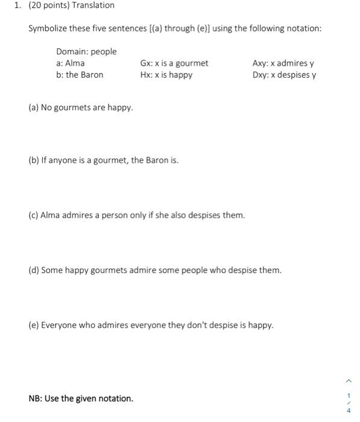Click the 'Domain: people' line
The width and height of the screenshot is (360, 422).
(x=86, y=52)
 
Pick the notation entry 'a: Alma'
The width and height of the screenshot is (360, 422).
(x=71, y=63)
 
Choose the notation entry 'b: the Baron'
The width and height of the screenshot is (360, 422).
(x=80, y=75)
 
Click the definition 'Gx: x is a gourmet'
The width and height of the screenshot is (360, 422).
(x=174, y=63)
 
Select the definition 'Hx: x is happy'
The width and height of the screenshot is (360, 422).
(x=166, y=75)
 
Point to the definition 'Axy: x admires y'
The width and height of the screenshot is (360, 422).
(x=283, y=63)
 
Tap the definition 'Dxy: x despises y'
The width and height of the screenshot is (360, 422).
(x=285, y=75)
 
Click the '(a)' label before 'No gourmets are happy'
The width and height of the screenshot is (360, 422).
(x=34, y=108)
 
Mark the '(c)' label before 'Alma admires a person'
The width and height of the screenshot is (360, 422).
(x=33, y=215)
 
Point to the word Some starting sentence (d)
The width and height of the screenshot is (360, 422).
(x=52, y=270)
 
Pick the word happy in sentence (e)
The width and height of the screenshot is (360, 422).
(x=261, y=326)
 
